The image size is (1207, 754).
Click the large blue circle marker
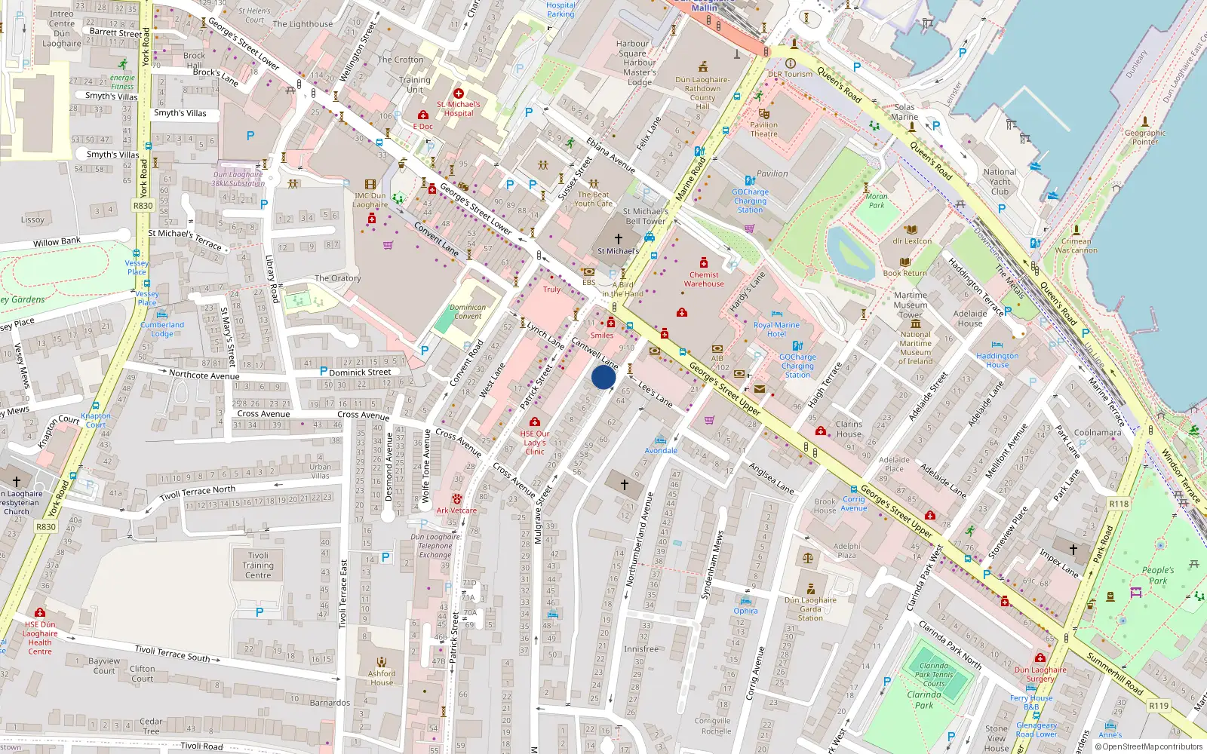coord(603,377)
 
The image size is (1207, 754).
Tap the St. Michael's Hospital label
coord(458,109)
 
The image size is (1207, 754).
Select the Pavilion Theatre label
coord(763,130)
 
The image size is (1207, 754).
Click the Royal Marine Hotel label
coord(776,329)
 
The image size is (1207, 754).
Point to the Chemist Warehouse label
coord(704,279)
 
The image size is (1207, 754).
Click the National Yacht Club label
coord(1000,182)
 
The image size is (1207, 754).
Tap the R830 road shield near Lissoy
coord(143,205)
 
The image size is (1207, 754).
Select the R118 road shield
coord(1119,504)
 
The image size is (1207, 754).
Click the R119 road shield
coord(1159,706)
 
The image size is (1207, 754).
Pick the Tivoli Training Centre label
coord(258,565)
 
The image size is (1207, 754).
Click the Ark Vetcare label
coord(456,510)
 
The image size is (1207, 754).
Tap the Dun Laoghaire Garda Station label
coord(810,609)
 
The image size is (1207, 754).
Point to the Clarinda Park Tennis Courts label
coord(934,675)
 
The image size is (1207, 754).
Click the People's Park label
coord(1158,575)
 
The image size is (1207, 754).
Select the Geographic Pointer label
coord(1144,137)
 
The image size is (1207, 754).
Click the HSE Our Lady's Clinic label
coord(535,443)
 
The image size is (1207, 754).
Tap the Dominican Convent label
coord(468,311)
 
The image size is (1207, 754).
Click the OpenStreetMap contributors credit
coord(1152,746)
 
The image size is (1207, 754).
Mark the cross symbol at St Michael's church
coord(618,239)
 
